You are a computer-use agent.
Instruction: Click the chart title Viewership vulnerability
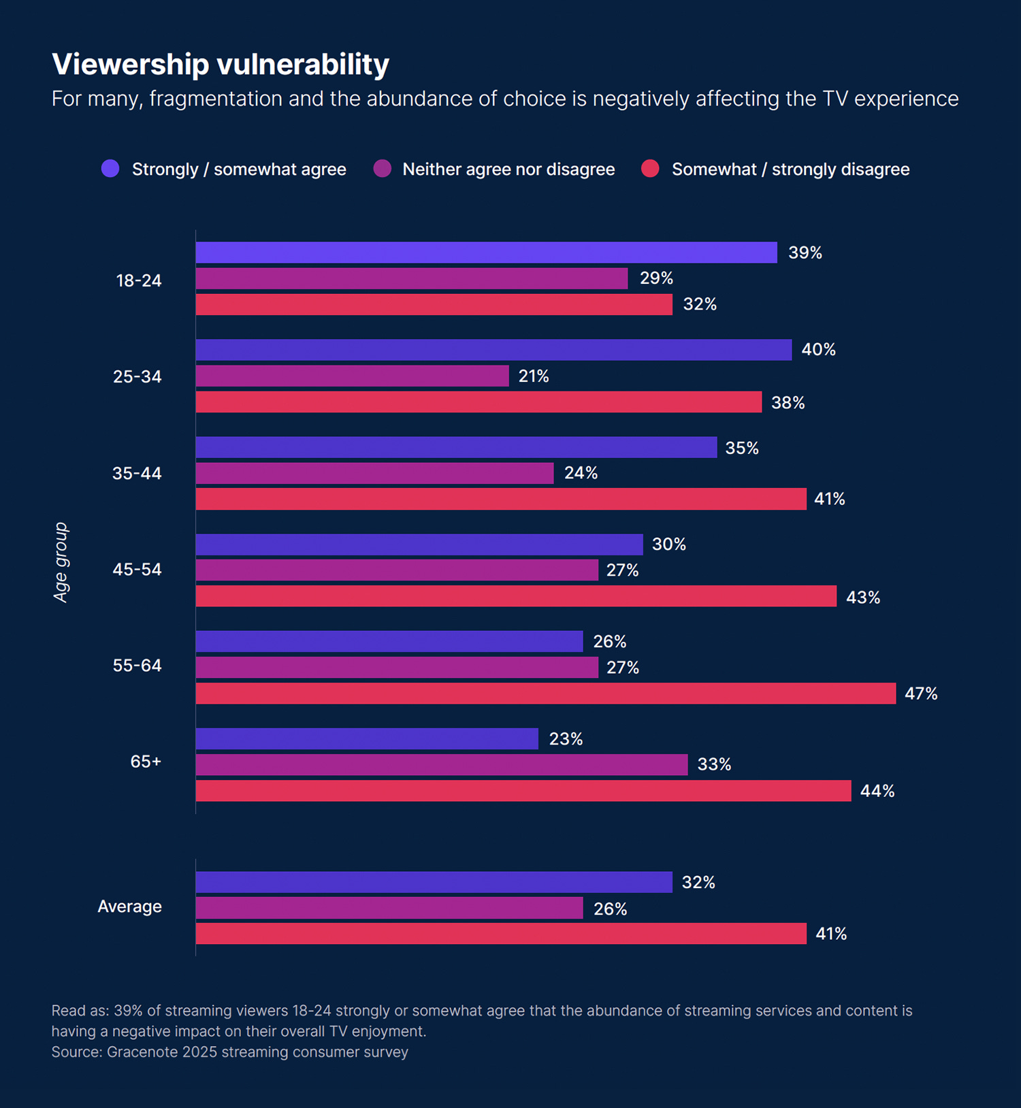pyautogui.click(x=221, y=65)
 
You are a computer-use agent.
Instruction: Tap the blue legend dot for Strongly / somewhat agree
pyautogui.click(x=110, y=169)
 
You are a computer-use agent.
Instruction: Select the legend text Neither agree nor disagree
pyautogui.click(x=508, y=169)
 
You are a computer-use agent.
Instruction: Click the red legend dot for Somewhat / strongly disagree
pyautogui.click(x=650, y=169)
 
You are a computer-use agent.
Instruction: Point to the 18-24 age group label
pyautogui.click(x=139, y=280)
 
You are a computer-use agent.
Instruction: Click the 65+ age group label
pyautogui.click(x=146, y=762)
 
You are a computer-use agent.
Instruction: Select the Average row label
pyautogui.click(x=129, y=907)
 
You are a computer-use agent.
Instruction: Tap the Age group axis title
pyautogui.click(x=61, y=562)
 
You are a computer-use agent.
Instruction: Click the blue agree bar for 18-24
pyautogui.click(x=486, y=252)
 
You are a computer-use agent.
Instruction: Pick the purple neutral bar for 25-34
pyautogui.click(x=352, y=376)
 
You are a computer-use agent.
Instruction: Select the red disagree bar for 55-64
pyautogui.click(x=545, y=694)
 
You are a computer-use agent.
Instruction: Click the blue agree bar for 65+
pyautogui.click(x=367, y=739)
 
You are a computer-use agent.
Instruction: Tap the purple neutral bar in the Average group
pyautogui.click(x=389, y=908)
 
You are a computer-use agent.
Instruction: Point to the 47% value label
pyautogui.click(x=921, y=694)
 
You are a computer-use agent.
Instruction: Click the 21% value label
pyautogui.click(x=534, y=376)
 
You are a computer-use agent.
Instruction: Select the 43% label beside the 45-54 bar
pyautogui.click(x=863, y=598)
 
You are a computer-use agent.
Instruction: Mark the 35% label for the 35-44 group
pyautogui.click(x=742, y=448)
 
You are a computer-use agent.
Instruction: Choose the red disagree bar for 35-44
pyautogui.click(x=501, y=499)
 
